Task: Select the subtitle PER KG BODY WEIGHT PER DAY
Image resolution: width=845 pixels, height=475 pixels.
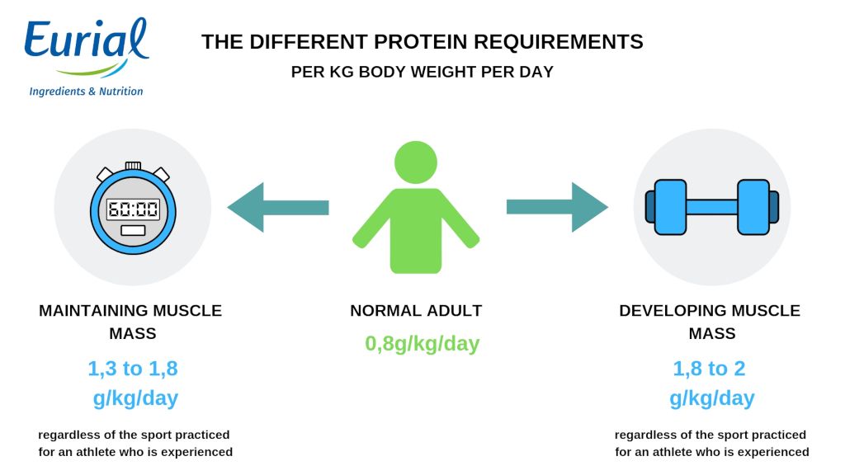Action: (422, 73)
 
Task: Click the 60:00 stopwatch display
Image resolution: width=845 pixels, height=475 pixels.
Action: (133, 209)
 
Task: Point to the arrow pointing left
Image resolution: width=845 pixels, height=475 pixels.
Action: (278, 207)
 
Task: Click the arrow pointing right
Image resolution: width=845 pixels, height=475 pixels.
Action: (557, 207)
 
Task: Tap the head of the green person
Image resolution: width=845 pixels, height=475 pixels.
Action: (416, 162)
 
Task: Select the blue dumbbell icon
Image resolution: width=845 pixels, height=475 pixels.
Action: (712, 207)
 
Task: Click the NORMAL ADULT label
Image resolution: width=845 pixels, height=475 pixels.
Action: (416, 311)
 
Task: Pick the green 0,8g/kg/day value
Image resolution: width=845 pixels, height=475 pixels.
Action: (422, 344)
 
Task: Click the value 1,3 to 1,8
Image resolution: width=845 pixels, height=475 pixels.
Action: (133, 369)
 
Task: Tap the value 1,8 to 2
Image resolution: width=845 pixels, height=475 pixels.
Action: (709, 369)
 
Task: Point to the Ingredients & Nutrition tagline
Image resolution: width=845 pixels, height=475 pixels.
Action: (86, 92)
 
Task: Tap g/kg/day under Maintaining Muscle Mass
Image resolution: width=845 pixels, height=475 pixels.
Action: (135, 398)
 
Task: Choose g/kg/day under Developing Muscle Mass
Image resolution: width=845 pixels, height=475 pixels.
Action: (712, 398)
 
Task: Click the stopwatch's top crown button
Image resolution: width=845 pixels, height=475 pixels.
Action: (133, 165)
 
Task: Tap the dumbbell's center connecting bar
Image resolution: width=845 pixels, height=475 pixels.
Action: (712, 207)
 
